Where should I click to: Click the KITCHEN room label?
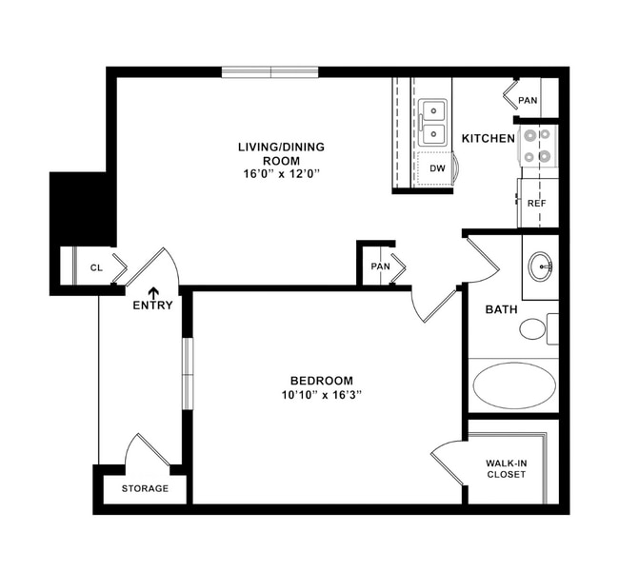click(489, 139)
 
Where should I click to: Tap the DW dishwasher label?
click(437, 168)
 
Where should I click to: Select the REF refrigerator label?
click(536, 203)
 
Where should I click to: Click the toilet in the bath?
click(534, 329)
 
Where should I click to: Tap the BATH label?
click(501, 309)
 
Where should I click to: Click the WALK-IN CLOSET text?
click(506, 468)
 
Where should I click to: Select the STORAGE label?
click(145, 488)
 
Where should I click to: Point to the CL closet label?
click(96, 268)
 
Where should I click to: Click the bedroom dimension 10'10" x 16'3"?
click(323, 393)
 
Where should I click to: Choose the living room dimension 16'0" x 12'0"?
click(281, 174)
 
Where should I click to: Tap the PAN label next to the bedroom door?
click(381, 266)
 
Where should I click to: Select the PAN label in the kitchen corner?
click(527, 100)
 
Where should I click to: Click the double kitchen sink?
click(434, 123)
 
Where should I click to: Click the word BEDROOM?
click(322, 379)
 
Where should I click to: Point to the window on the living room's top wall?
click(270, 72)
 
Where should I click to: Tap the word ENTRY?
click(152, 306)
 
